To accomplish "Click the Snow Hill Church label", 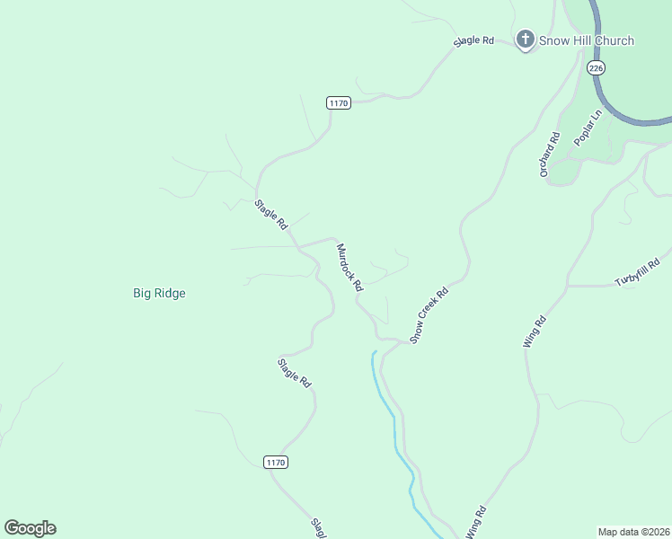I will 587,40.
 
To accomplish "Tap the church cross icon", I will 526,40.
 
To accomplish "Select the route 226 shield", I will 597,67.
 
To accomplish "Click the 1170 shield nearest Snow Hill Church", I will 338,102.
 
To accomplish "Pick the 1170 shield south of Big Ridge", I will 276,462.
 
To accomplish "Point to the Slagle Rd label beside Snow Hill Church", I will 474,41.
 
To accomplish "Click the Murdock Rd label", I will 349,268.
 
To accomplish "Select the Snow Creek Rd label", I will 429,315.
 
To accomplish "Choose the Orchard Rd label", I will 550,155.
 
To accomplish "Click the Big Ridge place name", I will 159,293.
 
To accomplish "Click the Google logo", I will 30,528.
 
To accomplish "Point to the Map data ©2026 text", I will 632,532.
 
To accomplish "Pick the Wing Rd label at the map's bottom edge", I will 476,524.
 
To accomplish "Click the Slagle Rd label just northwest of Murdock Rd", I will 270,213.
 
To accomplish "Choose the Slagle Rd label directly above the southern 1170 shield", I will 294,373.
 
